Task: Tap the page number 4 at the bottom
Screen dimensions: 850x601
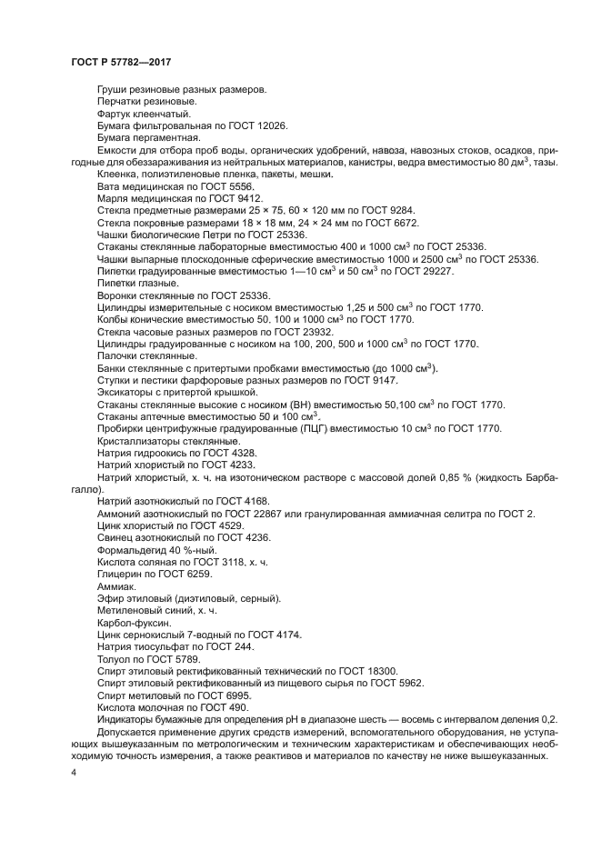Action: (74, 772)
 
